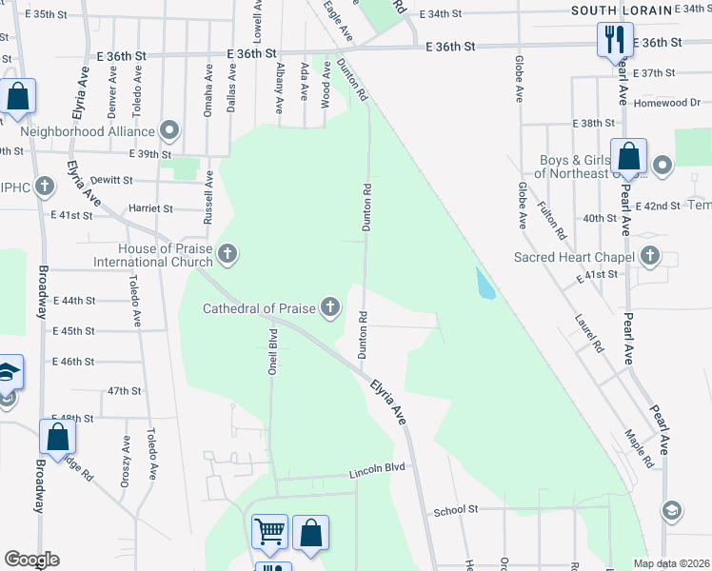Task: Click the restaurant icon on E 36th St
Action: coord(611,40)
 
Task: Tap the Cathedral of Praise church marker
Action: coord(329,306)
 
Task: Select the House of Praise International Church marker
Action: coord(227,253)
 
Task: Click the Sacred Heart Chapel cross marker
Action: coord(650,256)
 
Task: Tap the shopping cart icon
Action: coord(270,532)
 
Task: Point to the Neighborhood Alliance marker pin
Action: coord(170,129)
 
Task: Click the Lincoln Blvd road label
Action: coord(377,470)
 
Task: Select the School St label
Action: coord(455,510)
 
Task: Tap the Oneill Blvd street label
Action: coord(272,352)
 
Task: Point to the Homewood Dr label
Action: coord(667,103)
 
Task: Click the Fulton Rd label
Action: coord(552,220)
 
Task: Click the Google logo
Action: coord(31,560)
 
